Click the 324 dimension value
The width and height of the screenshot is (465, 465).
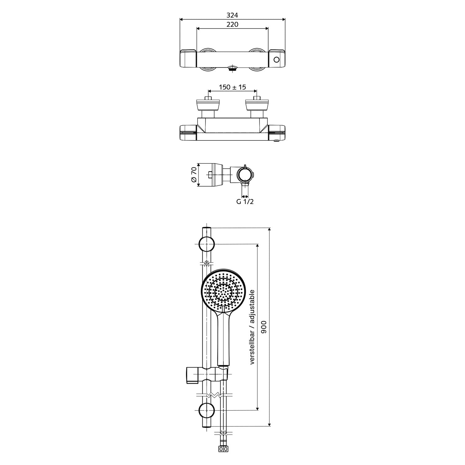tap(232, 15)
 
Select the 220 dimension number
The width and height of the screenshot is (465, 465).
tap(232, 24)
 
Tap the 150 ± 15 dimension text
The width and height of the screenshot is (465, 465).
tap(232, 87)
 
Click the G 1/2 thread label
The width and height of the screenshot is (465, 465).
tap(245, 201)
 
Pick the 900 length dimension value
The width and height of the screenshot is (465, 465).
tap(264, 327)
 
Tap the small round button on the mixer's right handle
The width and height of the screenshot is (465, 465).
tap(277, 60)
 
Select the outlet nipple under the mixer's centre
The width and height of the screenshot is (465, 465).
tap(232, 68)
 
